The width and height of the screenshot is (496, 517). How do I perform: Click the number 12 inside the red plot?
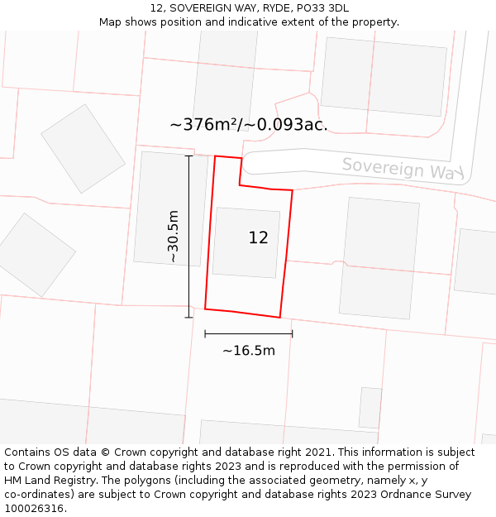(x=258, y=238)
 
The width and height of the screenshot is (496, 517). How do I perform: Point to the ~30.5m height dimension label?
(x=173, y=236)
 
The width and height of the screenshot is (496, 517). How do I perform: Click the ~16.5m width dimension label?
(x=248, y=351)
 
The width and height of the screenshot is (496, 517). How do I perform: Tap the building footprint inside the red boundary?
(x=246, y=256)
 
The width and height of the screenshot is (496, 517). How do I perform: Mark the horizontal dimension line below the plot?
(x=248, y=334)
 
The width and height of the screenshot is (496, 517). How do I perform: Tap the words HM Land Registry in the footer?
(x=51, y=481)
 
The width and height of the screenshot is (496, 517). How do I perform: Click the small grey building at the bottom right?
(x=370, y=407)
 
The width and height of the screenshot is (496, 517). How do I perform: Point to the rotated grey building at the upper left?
(x=83, y=148)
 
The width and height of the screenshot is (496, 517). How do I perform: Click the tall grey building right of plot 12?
(x=379, y=257)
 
